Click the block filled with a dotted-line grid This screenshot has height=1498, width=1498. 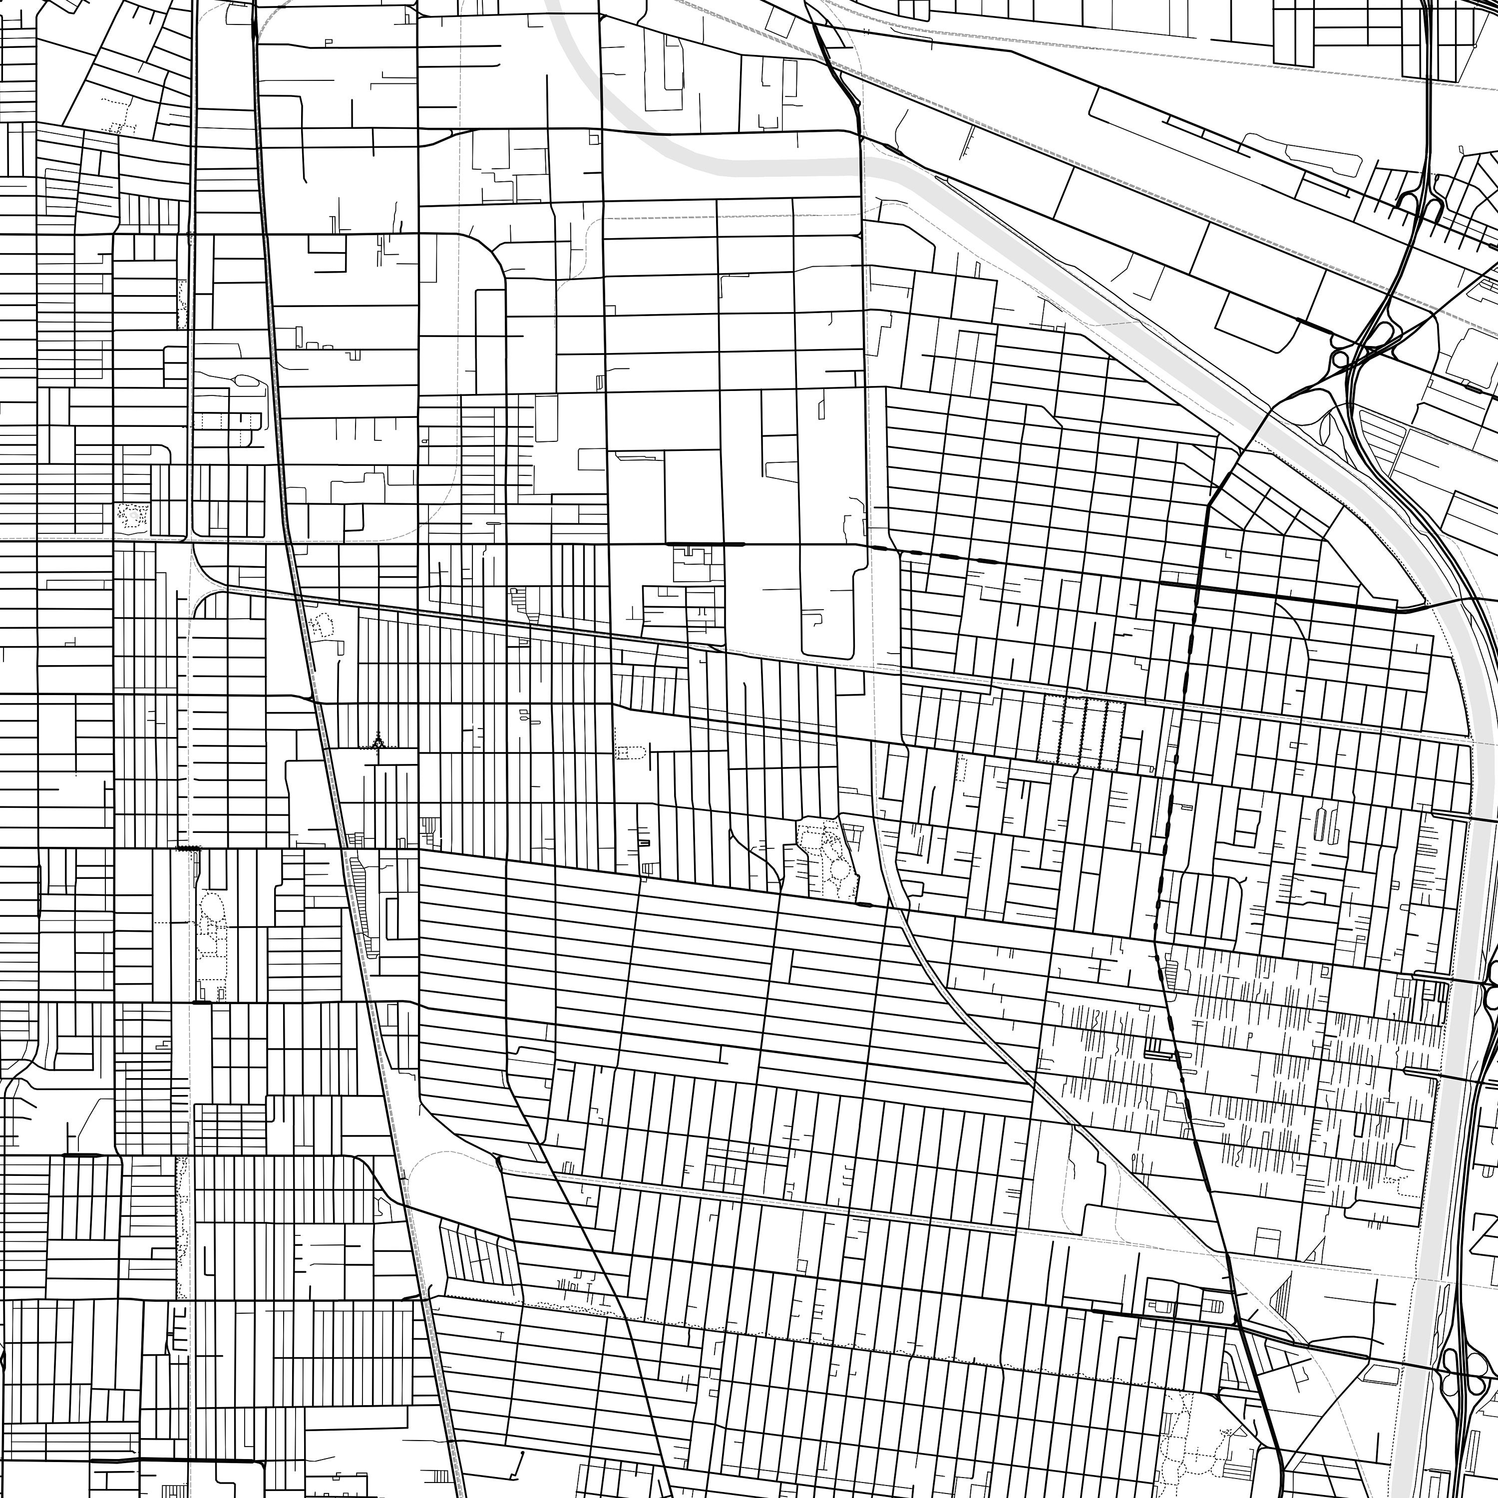click(1082, 732)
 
